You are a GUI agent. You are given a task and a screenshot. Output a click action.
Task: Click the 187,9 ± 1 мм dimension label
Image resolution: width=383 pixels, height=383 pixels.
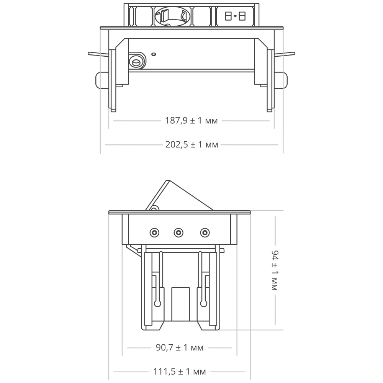(191, 121)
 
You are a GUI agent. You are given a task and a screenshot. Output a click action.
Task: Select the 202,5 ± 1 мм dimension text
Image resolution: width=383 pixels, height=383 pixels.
(191, 145)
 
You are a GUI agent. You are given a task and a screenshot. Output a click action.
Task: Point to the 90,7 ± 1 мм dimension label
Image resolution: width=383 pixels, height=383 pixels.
(180, 348)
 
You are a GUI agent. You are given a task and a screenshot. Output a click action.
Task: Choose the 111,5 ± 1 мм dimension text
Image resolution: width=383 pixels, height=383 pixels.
(180, 372)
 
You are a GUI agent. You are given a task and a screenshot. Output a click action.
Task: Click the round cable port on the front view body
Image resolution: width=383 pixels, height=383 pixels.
(136, 61)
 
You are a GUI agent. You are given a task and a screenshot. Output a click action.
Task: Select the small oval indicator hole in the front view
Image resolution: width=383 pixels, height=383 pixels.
(154, 54)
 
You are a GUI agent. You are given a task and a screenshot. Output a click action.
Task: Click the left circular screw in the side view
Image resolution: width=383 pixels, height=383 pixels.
(154, 232)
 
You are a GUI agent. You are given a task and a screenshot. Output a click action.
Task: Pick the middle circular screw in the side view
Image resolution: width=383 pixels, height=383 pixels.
(178, 232)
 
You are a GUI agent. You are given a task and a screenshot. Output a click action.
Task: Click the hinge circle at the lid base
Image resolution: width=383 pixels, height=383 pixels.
(154, 208)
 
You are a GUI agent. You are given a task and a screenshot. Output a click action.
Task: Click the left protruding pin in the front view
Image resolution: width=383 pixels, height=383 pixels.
(98, 54)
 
